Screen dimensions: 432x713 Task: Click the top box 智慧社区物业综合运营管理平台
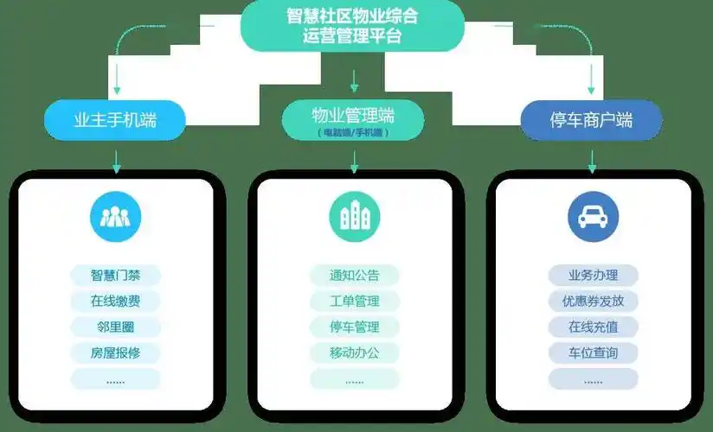(x=353, y=26)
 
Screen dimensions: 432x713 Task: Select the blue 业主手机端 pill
(x=115, y=120)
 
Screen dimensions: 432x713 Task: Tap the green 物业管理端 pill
(x=353, y=120)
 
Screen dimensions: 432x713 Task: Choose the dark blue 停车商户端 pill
(x=592, y=120)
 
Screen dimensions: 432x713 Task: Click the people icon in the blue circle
(x=115, y=217)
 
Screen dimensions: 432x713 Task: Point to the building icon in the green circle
(x=354, y=217)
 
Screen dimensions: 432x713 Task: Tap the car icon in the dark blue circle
(x=593, y=217)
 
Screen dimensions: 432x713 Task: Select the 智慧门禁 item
(x=115, y=276)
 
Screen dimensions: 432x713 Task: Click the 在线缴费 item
(x=115, y=302)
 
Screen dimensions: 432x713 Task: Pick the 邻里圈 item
(x=115, y=327)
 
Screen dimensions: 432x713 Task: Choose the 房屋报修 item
(x=115, y=353)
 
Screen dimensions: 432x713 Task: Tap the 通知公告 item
(x=354, y=276)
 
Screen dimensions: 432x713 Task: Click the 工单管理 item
(x=354, y=302)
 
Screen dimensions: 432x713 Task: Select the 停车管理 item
(x=354, y=327)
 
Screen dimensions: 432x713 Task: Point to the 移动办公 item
(x=354, y=353)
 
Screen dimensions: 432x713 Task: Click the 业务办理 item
(x=593, y=276)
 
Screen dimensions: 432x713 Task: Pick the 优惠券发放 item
(x=593, y=302)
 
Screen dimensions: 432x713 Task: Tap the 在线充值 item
(x=593, y=327)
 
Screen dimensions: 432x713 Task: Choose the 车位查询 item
(x=593, y=353)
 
